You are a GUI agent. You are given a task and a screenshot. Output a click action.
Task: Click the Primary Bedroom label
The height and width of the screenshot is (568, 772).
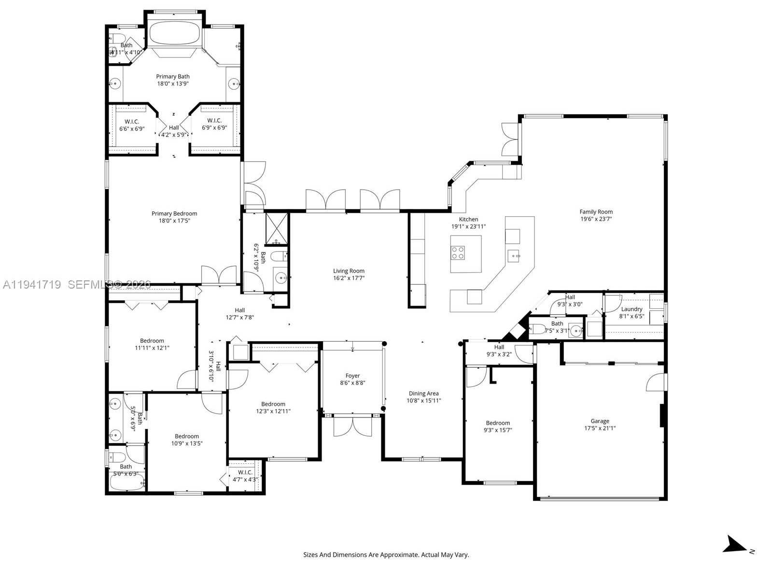pos(174,213)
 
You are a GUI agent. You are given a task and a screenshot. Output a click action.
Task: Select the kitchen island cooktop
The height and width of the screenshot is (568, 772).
pos(458,253)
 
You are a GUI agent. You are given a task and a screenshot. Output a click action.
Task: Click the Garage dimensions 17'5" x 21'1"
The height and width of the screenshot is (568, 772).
pos(600,428)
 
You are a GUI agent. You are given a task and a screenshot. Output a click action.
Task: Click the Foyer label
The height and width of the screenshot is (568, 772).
pos(352,375)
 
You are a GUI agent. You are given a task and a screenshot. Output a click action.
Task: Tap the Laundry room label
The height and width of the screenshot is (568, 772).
pos(632,309)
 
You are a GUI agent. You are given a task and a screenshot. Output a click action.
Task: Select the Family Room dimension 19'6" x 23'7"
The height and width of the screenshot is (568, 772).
pos(596,219)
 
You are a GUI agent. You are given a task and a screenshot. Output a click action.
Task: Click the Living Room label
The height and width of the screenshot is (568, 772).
pos(349,271)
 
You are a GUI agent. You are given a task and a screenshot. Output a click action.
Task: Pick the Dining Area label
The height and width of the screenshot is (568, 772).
pos(423,393)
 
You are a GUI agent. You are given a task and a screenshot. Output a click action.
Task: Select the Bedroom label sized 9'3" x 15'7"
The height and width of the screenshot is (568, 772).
pos(498,423)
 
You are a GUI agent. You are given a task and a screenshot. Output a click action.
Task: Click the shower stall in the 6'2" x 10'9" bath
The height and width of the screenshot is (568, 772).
pos(277,228)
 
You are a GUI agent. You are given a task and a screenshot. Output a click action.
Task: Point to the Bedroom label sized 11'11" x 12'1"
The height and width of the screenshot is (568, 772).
pos(152,341)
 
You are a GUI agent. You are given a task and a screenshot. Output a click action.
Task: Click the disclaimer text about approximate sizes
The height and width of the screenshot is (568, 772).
pos(386,555)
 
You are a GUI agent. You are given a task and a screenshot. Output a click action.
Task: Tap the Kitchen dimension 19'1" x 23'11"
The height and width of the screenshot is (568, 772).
pos(468,226)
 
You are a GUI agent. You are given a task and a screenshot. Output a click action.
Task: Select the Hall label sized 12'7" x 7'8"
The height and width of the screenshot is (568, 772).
pos(240,310)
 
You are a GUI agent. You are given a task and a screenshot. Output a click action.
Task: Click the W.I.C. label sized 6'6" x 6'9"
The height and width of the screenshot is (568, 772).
pos(132,121)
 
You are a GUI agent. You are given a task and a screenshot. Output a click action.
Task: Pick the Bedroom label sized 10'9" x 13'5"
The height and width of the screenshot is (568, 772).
pos(187,436)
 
